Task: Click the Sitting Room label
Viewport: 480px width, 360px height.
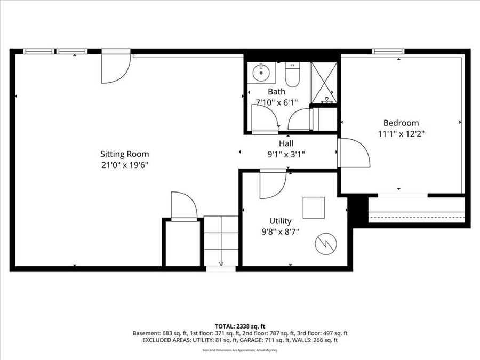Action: point(125,154)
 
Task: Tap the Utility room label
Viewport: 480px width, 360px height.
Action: point(280,221)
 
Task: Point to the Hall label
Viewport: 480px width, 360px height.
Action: point(286,143)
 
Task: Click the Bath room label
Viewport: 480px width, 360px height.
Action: point(276,92)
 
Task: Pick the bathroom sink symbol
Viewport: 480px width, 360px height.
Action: point(261,73)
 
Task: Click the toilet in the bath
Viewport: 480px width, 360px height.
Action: point(292,75)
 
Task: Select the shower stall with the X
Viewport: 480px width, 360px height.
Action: point(323,83)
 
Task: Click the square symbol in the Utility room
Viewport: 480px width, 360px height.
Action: point(314,208)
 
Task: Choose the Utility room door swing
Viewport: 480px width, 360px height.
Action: point(272,184)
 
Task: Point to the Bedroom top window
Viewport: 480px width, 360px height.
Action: point(388,52)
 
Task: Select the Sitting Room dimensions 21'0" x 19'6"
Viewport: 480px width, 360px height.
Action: point(125,165)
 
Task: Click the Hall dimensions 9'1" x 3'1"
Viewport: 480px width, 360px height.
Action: point(286,155)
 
